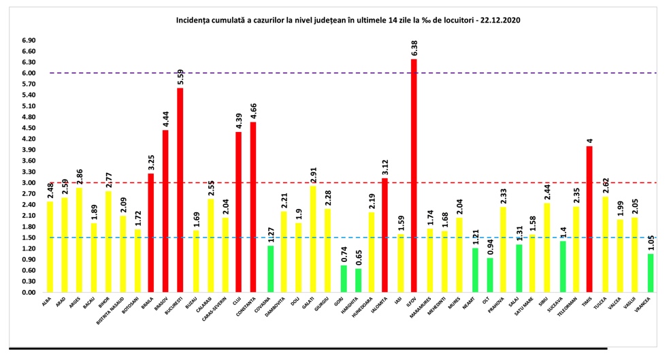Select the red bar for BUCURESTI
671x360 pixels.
[x=180, y=191]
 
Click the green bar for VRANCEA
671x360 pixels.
[x=651, y=273]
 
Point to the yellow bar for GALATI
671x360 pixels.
[x=313, y=239]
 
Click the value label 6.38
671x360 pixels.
[x=414, y=48]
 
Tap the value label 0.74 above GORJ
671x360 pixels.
[x=344, y=255]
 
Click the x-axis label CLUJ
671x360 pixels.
[x=236, y=299]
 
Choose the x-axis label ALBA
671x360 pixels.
[x=46, y=300]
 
